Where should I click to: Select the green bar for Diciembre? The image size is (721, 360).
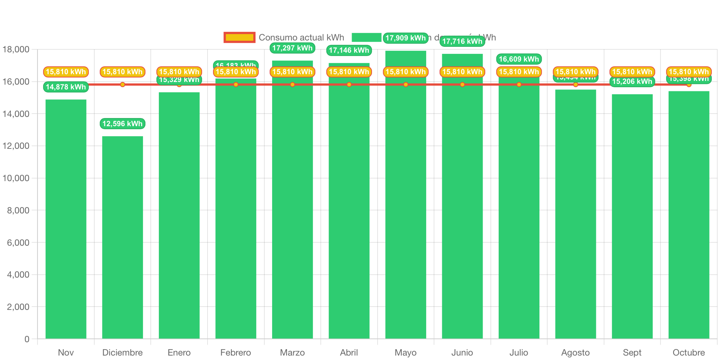[x=123, y=238]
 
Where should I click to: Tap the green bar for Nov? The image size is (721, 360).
[x=66, y=219]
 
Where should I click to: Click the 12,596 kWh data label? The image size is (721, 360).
[x=123, y=124]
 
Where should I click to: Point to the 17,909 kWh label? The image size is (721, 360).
[x=405, y=38]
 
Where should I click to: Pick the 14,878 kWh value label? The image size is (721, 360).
[x=66, y=87]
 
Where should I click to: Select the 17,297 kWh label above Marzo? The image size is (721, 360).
[x=292, y=48]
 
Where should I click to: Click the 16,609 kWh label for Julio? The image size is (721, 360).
[x=519, y=59]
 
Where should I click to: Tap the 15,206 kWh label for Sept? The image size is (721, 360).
[x=632, y=82]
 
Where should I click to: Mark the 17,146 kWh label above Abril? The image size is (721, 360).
[x=349, y=50]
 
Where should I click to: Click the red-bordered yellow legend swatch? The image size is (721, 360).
[x=239, y=37]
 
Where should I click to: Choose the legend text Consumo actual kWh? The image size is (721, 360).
[x=301, y=37]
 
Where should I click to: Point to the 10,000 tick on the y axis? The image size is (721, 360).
[x=16, y=178]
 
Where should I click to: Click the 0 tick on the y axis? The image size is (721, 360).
[x=27, y=339]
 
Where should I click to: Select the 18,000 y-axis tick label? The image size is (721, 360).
[x=16, y=49]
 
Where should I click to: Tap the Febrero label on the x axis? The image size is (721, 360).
[x=236, y=352]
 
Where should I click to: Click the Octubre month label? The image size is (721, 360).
[x=689, y=352]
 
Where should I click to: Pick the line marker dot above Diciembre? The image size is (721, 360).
[x=123, y=85]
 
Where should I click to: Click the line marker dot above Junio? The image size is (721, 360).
[x=462, y=85]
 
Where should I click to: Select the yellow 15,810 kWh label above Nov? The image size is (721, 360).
[x=66, y=72]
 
